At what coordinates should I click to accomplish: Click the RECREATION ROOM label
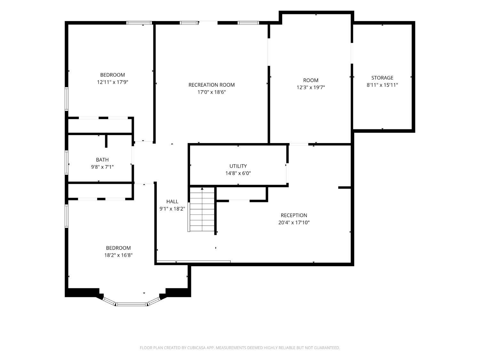tap(212, 85)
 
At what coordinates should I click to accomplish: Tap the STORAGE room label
tap(382, 77)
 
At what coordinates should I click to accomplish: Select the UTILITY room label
tap(238, 166)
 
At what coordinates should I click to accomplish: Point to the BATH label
tap(102, 160)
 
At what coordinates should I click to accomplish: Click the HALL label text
tap(172, 201)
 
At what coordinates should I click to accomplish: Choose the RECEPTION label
tap(294, 215)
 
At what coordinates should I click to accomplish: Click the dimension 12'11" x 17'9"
tap(112, 82)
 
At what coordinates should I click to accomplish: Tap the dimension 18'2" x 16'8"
tap(118, 255)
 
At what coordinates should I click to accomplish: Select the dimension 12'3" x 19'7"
tap(310, 87)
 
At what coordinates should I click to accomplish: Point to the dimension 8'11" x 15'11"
tap(382, 85)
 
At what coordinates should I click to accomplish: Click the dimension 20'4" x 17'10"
tap(294, 222)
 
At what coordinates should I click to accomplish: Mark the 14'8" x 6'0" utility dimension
tap(238, 173)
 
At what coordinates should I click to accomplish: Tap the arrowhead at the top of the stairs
tap(202, 188)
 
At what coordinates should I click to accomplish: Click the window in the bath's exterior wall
tap(67, 162)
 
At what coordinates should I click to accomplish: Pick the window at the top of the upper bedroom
tap(139, 23)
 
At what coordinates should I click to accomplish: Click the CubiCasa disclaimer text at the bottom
tap(240, 348)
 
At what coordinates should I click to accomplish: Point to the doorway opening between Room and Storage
tap(352, 53)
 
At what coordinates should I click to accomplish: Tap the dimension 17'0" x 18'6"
tap(212, 92)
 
